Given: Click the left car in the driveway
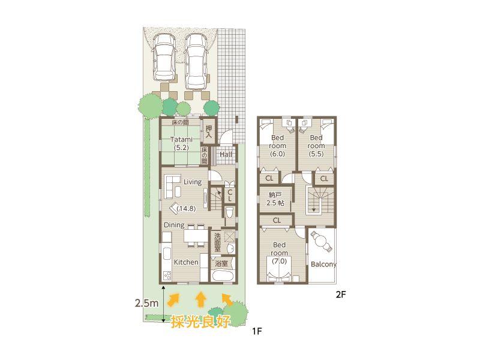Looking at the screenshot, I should click(163, 58).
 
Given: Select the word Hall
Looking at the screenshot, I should click(226, 154).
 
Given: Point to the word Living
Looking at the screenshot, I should click(192, 182).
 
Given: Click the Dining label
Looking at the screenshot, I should click(174, 225).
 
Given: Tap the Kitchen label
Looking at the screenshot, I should click(186, 262).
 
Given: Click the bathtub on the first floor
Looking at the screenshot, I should click(223, 275).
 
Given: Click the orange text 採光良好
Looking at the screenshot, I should click(200, 322).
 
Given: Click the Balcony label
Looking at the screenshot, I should click(323, 265).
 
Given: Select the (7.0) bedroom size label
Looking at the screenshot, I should click(280, 261).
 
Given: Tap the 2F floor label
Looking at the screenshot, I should click(341, 295).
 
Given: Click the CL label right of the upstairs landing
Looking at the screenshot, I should click(325, 178).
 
